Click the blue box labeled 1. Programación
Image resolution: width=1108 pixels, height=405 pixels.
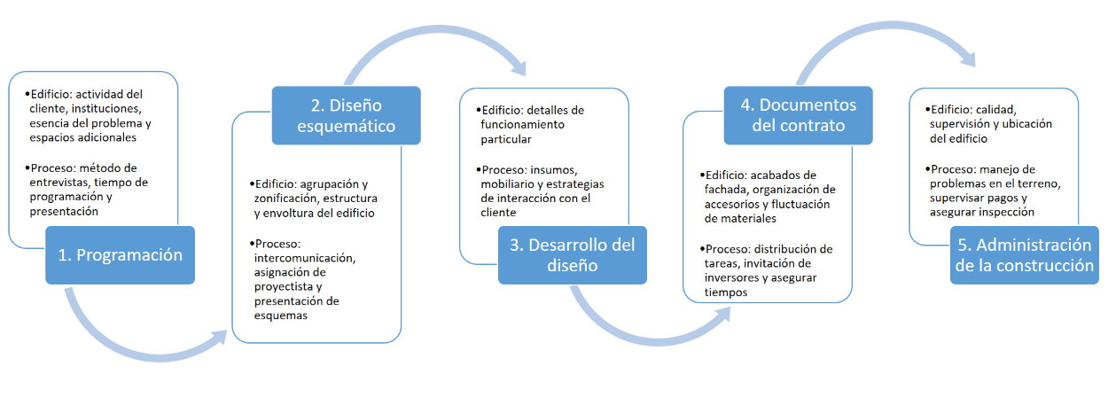tap(120, 254)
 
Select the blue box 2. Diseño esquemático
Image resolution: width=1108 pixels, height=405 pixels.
tap(333, 115)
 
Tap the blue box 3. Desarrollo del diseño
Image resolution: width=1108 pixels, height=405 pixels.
tap(573, 255)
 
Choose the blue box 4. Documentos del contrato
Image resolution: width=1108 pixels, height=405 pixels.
tap(785, 115)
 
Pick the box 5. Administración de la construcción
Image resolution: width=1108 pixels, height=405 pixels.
tap(1023, 255)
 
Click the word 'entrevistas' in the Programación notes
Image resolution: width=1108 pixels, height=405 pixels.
tap(60, 182)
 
